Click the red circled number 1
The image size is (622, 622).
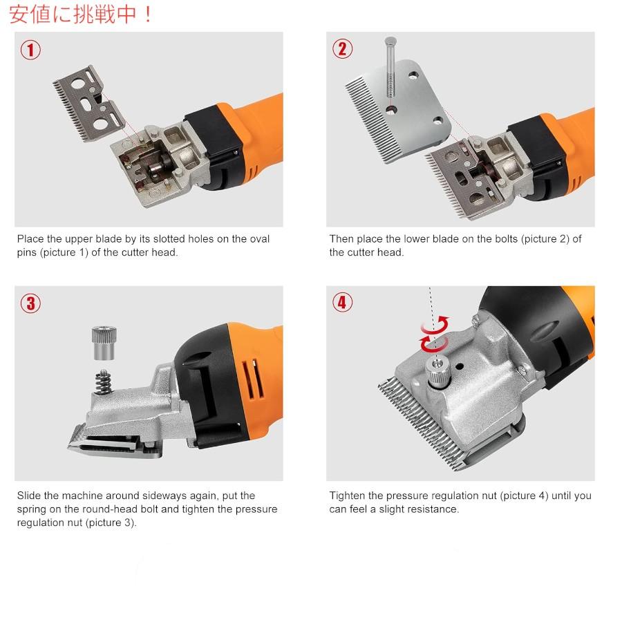[30, 50]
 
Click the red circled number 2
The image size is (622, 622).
[342, 49]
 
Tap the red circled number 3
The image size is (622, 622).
[30, 304]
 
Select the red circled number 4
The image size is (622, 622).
[342, 302]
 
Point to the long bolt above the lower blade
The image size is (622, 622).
[390, 68]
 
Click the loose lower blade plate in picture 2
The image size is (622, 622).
[399, 111]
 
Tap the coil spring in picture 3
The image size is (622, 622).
[103, 381]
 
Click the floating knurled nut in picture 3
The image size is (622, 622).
[104, 343]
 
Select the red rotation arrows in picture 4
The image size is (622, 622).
[435, 334]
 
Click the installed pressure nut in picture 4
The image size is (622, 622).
[437, 372]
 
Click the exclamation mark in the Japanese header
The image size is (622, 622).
[148, 15]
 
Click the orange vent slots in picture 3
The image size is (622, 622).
[253, 379]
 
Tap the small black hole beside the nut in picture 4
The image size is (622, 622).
[459, 366]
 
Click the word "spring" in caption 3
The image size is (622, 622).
[31, 509]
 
